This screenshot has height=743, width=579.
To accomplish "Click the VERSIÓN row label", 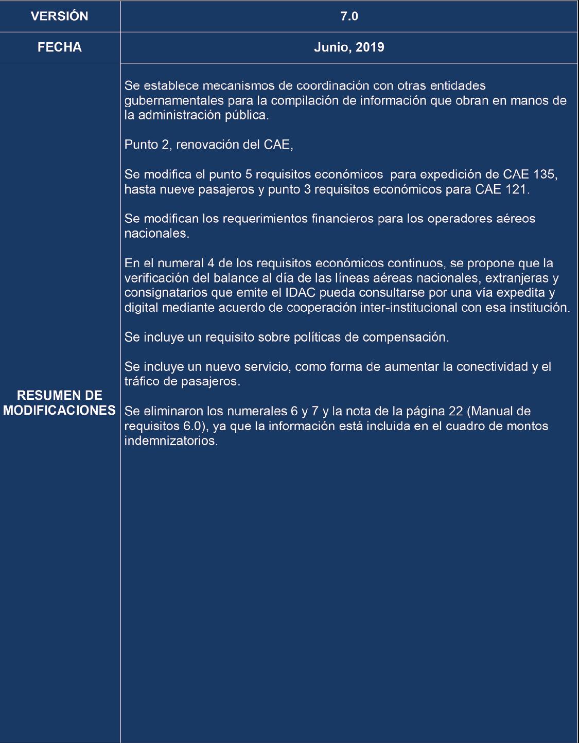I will [x=60, y=16].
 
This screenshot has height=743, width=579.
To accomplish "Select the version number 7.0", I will [x=349, y=16].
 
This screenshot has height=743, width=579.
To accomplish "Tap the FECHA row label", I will [x=60, y=47].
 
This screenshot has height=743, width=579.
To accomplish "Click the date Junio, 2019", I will [x=349, y=47].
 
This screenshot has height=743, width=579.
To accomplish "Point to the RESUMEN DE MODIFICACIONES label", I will [x=60, y=403].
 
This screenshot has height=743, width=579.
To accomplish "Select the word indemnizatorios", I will [x=171, y=441].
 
